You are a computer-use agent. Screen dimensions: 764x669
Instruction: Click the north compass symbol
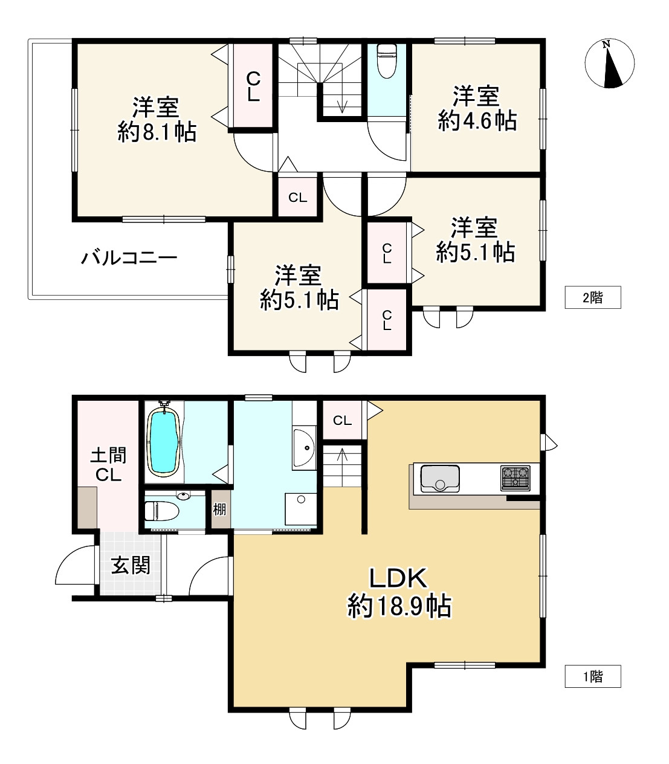point(610,63)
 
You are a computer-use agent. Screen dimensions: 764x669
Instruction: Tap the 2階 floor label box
point(592,297)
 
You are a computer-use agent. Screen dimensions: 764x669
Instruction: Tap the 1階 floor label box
point(592,676)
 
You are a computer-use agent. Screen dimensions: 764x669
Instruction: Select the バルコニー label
point(129,259)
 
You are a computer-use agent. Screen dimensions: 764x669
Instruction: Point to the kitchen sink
point(439,477)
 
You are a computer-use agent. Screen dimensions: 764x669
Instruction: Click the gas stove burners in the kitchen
point(515,477)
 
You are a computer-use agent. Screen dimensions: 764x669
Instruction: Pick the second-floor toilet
point(385,60)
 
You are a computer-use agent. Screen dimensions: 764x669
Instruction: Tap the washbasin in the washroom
point(304,448)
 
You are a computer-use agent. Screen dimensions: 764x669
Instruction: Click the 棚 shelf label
point(219,510)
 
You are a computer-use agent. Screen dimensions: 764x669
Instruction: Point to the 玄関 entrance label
point(131,566)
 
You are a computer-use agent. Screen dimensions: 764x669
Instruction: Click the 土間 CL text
point(109,465)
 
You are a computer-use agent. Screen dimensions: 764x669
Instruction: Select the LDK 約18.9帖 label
point(399,592)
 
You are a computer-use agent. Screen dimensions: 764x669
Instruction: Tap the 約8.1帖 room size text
point(157,132)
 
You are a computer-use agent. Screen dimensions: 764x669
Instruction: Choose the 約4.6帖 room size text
point(477,121)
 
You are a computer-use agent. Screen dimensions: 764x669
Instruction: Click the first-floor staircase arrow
point(343,465)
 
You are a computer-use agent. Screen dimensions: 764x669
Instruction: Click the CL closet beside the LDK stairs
point(342,420)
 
